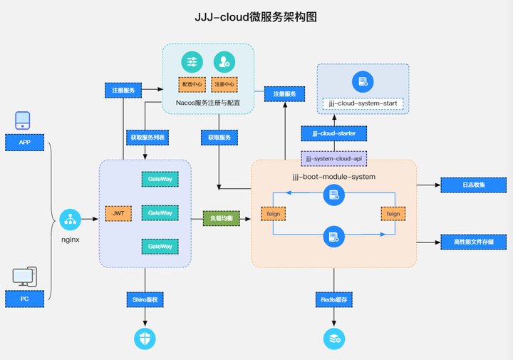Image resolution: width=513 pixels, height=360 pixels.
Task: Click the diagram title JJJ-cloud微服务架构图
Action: tap(256, 17)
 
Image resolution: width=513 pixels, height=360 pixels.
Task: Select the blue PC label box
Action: tap(24, 299)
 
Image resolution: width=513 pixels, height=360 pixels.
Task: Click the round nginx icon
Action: tap(70, 220)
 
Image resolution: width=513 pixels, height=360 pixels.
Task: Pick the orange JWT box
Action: tap(118, 212)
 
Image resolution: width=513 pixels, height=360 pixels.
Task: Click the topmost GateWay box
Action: tap(160, 179)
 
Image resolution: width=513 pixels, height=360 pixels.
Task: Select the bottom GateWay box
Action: tap(160, 246)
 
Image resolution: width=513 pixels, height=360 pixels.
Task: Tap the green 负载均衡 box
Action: tap(222, 218)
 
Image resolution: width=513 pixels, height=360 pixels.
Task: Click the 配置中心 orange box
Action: tap(192, 85)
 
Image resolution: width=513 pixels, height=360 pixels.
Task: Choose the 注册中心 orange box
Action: tap(224, 85)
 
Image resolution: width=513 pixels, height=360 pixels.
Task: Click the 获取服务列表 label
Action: tap(147, 136)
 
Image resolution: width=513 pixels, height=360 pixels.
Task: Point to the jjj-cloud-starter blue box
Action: tap(333, 133)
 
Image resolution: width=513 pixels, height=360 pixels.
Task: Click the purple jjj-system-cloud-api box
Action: tap(333, 158)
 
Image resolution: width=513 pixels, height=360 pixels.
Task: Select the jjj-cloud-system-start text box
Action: tap(363, 104)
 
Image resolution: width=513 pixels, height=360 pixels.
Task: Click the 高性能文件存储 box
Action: tap(472, 242)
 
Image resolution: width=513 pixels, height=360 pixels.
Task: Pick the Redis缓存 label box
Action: tap(334, 299)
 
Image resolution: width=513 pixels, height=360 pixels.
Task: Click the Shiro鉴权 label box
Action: tap(146, 299)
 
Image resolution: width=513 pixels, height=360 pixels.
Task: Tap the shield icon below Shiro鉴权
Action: tap(145, 339)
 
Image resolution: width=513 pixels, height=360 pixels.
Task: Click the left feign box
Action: tap(273, 213)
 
